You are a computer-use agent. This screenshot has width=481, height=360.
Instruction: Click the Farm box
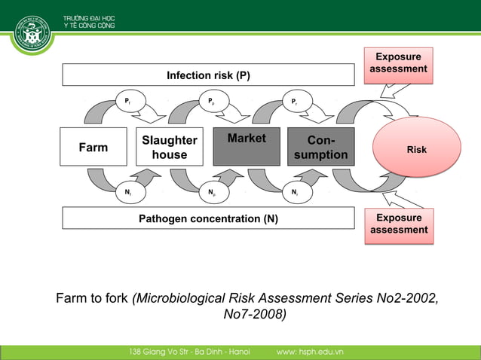click(93, 147)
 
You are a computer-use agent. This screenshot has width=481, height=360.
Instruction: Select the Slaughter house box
click(170, 147)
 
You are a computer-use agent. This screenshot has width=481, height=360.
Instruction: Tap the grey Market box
click(247, 147)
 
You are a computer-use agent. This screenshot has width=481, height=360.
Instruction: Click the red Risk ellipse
click(417, 149)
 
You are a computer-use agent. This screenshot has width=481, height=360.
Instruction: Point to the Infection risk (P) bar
click(208, 75)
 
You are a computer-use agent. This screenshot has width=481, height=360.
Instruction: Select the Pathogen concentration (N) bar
click(208, 219)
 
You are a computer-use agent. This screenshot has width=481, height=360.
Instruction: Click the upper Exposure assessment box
click(399, 63)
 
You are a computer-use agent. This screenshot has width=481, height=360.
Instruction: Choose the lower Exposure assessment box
click(399, 224)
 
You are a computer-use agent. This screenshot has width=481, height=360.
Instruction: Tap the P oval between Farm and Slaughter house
click(129, 102)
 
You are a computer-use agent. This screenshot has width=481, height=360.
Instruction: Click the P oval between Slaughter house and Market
click(213, 102)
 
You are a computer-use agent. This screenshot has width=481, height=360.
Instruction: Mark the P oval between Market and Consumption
click(296, 102)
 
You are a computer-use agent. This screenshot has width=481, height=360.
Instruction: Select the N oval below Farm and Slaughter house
click(129, 192)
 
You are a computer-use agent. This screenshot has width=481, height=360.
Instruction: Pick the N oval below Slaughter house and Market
click(213, 192)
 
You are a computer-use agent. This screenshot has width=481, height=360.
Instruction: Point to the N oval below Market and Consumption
click(296, 192)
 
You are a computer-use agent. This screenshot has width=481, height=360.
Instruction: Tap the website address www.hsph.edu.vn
click(310, 352)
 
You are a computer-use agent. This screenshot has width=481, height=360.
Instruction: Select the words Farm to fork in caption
click(92, 298)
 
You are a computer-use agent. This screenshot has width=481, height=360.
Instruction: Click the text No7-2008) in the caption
click(255, 314)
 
